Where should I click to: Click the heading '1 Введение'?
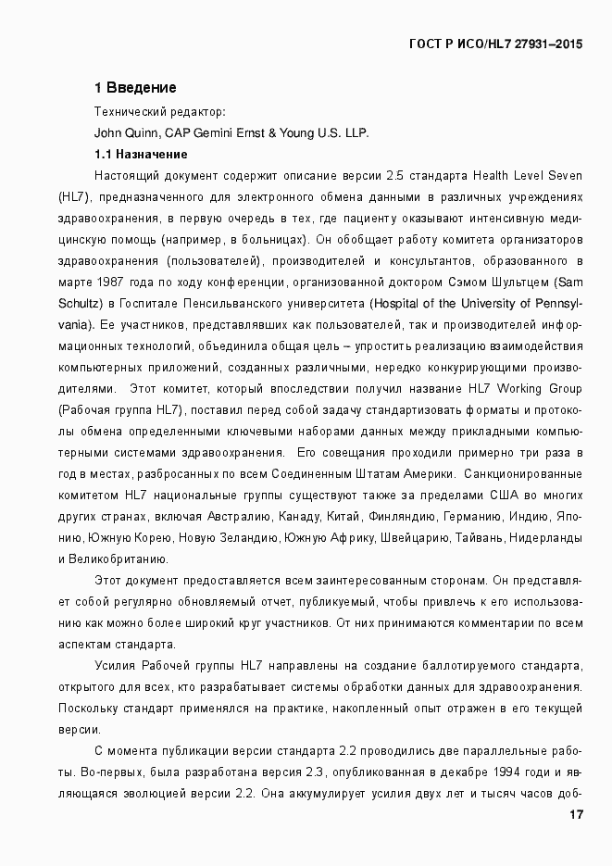(x=135, y=88)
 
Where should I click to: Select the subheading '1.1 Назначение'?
(x=141, y=154)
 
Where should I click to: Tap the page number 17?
(x=576, y=815)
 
